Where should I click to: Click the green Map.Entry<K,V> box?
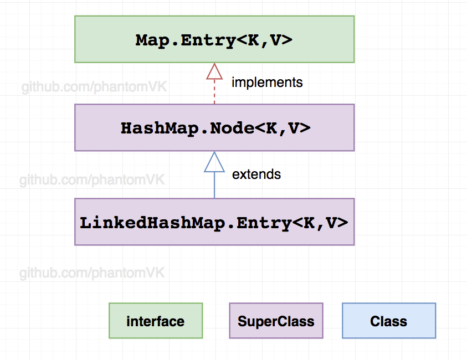point(214,39)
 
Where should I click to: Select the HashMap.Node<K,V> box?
point(214,127)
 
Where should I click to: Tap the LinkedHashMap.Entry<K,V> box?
point(214,222)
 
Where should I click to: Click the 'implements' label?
point(267,83)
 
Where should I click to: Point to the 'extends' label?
point(256,174)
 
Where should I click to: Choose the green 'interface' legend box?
point(156,321)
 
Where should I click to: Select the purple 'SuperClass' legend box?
point(276,321)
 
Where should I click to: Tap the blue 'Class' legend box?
point(389,321)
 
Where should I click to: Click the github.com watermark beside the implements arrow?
point(94,87)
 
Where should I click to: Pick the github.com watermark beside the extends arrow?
point(92,181)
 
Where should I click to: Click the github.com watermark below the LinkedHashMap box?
point(92,273)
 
